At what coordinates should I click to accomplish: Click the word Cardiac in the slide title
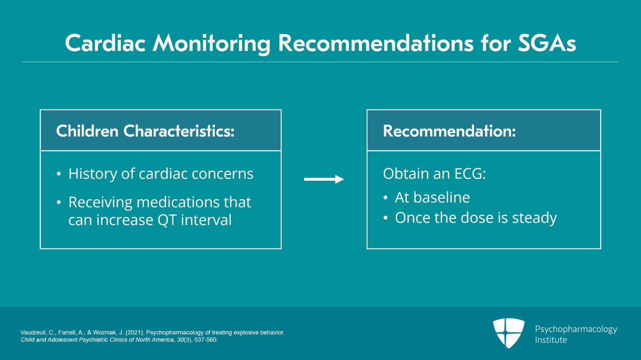coord(105,43)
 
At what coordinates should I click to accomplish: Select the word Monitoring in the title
coord(211,43)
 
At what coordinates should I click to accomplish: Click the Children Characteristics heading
coord(145,131)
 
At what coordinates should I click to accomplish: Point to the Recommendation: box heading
coord(449,131)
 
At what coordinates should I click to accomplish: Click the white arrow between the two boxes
coord(324,179)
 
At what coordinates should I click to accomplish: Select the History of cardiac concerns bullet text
coord(161,174)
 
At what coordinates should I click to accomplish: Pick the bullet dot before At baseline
coord(385,197)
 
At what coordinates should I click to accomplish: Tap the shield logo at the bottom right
coord(508,333)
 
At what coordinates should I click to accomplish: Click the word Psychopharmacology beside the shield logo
coord(576,329)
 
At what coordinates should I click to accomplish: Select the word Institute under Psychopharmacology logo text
coord(551,340)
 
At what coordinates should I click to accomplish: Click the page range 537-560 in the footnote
coord(206,340)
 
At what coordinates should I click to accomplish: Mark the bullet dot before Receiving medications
coord(59,202)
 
